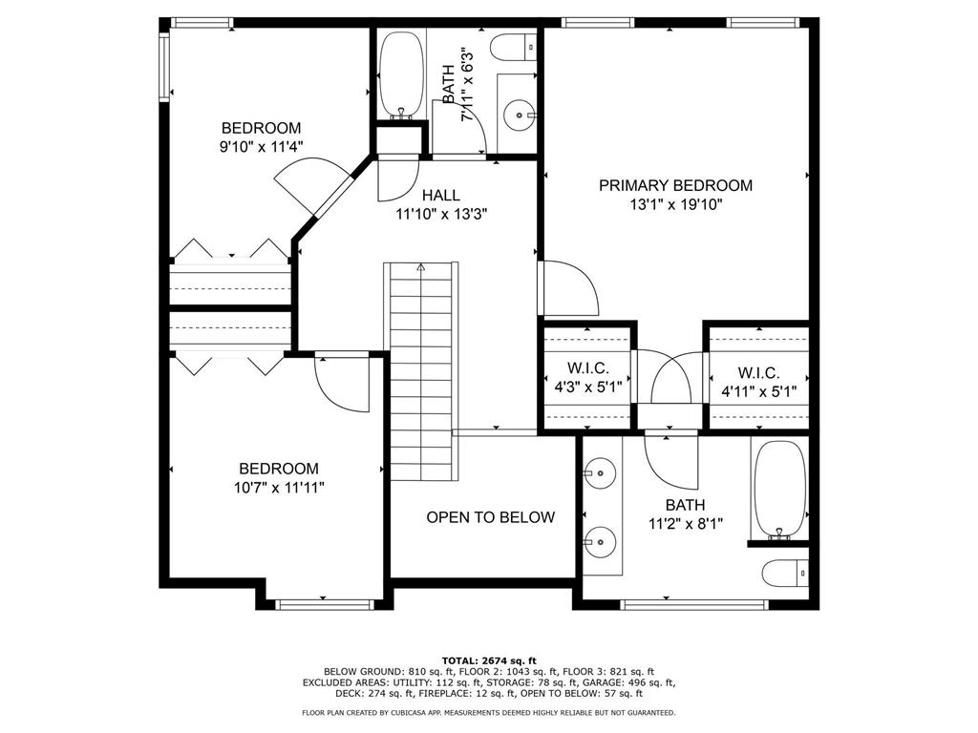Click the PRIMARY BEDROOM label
coord(675,185)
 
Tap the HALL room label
coord(441,195)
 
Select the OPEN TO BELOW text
coord(490,516)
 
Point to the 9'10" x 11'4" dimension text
coord(261,147)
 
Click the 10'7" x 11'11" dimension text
coord(280,488)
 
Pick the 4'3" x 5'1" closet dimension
coord(588,387)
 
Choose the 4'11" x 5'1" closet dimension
coord(759,392)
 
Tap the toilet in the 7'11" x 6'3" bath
coord(513,48)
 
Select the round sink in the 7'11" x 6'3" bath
coord(519,115)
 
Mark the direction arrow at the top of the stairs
coord(421,268)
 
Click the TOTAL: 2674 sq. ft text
coord(489,660)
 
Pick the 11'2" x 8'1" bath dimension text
coord(686,524)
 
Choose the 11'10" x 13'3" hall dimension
coord(441,215)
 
